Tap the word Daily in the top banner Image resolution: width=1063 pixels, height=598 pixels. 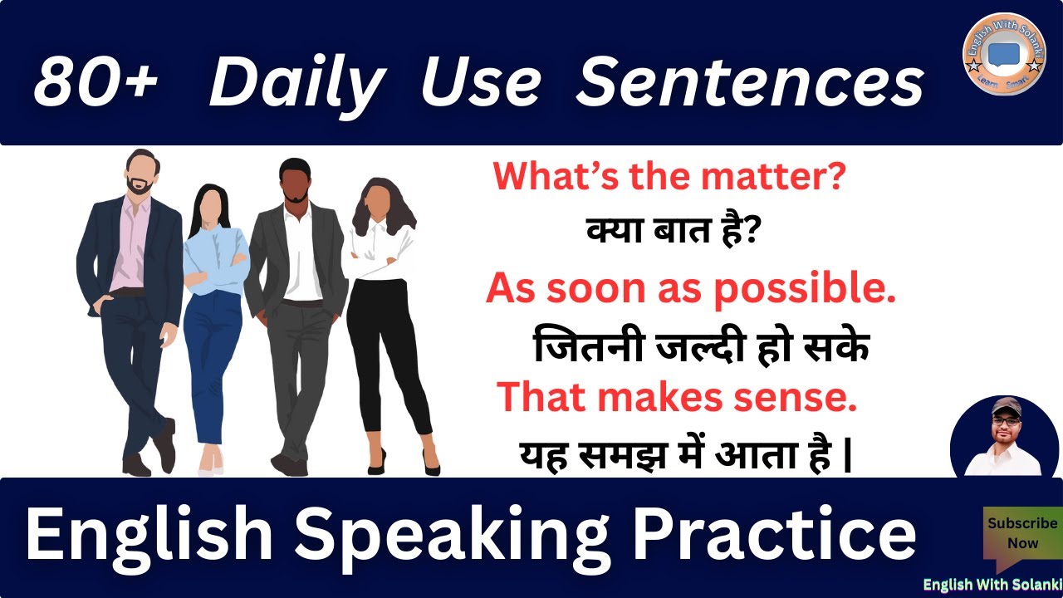coord(296,82)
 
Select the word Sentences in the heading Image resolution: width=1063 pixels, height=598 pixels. coord(749,82)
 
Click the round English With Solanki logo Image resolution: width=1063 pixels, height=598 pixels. coord(1003,53)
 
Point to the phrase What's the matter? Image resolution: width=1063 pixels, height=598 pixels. coord(670,178)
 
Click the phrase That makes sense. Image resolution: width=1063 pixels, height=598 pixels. coord(675,397)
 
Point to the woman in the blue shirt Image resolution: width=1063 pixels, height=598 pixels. coord(213,316)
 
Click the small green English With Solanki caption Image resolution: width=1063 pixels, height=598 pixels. coord(992,584)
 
